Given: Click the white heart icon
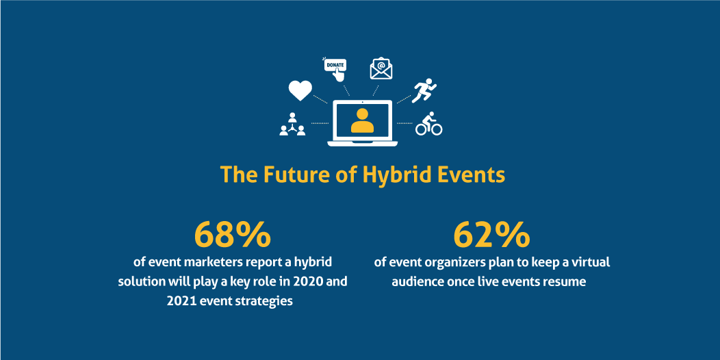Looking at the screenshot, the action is [300, 90].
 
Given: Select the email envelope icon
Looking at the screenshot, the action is [381, 69].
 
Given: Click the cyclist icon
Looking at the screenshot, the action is [429, 124].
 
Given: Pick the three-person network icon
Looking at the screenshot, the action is [292, 124].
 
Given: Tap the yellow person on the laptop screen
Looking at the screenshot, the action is [362, 120].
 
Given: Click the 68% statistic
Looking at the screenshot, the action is [232, 234].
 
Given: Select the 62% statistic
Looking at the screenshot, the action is [492, 234].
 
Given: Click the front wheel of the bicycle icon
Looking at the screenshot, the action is [436, 129].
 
